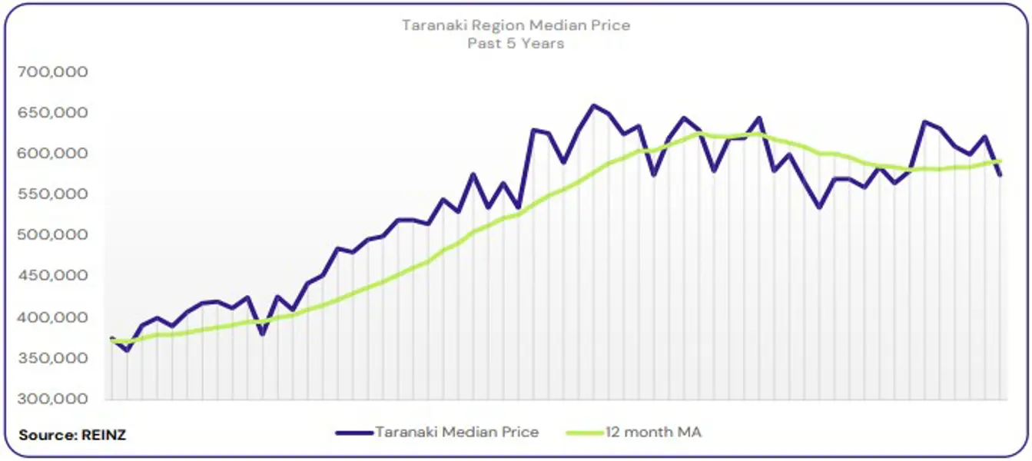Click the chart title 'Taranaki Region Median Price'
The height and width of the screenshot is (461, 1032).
coord(516,25)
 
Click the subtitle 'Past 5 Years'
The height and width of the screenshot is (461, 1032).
coord(516,44)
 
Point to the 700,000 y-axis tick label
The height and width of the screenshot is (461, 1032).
coord(51,72)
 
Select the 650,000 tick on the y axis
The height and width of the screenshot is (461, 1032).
coord(51,113)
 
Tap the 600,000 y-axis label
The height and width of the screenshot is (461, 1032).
coord(51,154)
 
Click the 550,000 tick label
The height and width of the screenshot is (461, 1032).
coord(51,195)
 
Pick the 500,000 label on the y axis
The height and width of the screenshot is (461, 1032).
coord(51,236)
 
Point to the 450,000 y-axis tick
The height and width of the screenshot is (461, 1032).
coord(51,277)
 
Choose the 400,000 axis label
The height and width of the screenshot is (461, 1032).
coord(51,318)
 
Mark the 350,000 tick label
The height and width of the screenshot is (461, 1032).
coord(51,359)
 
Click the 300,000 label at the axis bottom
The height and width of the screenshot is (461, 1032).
coord(51,400)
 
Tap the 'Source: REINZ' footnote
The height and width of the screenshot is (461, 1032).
coord(72,435)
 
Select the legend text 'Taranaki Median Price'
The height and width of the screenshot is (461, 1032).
coord(456,432)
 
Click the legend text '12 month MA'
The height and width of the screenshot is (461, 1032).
coord(653,432)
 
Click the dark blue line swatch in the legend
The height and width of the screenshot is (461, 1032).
coord(353,433)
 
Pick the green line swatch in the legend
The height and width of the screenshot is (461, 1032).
coord(584,433)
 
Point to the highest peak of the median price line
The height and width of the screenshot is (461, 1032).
coord(592,105)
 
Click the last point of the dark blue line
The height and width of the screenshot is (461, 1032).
coord(1000,175)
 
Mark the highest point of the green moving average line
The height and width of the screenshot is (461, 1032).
coord(699,134)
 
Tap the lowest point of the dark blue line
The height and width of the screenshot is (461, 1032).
coord(127,351)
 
